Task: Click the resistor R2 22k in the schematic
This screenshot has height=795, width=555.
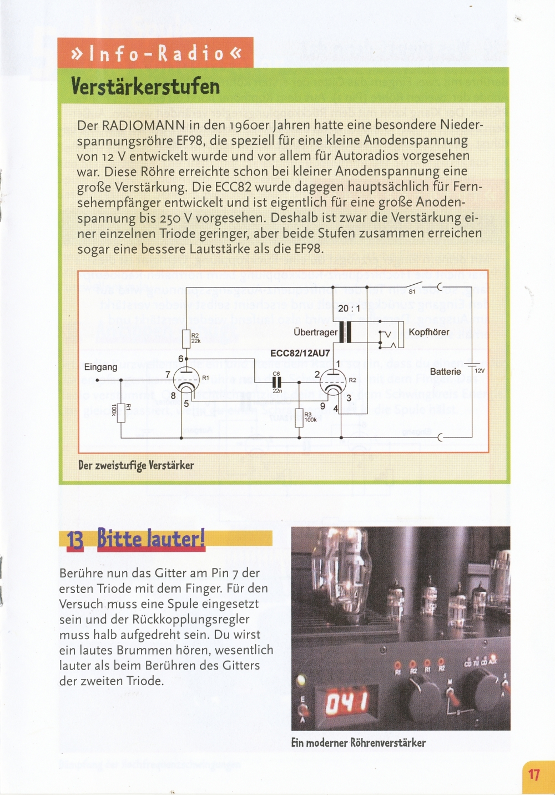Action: tap(186, 338)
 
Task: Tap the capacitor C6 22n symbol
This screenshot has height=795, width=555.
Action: tap(276, 382)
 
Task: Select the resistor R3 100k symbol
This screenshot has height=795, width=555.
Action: tap(299, 417)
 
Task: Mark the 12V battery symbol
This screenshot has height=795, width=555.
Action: tap(472, 366)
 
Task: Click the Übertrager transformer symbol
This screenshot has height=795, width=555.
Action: tap(344, 333)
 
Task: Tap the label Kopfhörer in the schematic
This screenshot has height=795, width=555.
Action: tap(428, 332)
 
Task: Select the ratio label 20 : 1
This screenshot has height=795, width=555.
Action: tap(349, 308)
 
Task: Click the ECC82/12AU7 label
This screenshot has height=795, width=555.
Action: tap(300, 353)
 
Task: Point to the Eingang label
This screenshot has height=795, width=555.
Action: tap(100, 367)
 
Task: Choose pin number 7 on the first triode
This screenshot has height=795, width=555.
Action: tap(168, 375)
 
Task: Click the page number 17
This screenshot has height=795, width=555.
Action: tap(534, 774)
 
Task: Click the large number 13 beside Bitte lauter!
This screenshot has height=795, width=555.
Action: tap(75, 540)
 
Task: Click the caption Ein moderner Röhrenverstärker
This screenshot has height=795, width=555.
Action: tap(358, 742)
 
